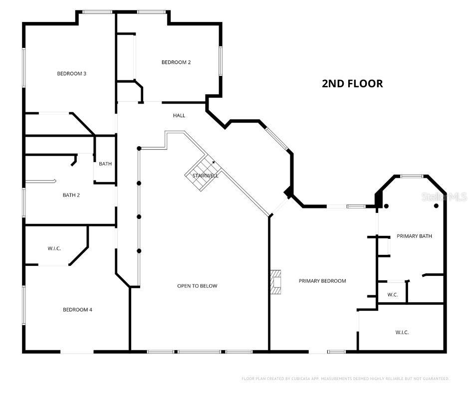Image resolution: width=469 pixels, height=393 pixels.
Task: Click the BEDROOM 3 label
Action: pos(71,74)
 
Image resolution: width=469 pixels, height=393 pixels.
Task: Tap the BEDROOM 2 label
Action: pos(176,62)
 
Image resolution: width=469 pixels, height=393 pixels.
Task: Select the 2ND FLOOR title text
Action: pos(352,84)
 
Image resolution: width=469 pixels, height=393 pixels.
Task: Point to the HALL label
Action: pos(179,116)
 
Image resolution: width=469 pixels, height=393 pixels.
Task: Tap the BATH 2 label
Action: pos(71,195)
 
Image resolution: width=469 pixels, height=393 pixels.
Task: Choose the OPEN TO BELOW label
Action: pos(197,286)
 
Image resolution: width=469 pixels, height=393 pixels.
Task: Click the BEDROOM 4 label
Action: pos(77,310)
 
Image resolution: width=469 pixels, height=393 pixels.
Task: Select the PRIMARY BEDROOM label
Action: pos(322,281)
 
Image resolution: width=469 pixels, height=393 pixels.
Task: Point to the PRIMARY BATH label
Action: pos(414,236)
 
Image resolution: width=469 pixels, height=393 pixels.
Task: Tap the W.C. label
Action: pos(392,295)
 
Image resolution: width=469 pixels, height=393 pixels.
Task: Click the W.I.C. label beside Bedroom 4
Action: pos(54,248)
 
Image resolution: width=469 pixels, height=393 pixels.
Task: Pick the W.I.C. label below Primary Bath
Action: pos(402,332)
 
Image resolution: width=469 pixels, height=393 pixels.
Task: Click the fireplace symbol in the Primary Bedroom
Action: pos(276,282)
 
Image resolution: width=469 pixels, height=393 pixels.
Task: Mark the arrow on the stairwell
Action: pos(213,162)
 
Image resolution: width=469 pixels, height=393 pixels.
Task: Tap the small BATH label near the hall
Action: pos(105,164)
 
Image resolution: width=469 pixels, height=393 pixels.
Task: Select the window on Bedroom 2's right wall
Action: pos(220,61)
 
